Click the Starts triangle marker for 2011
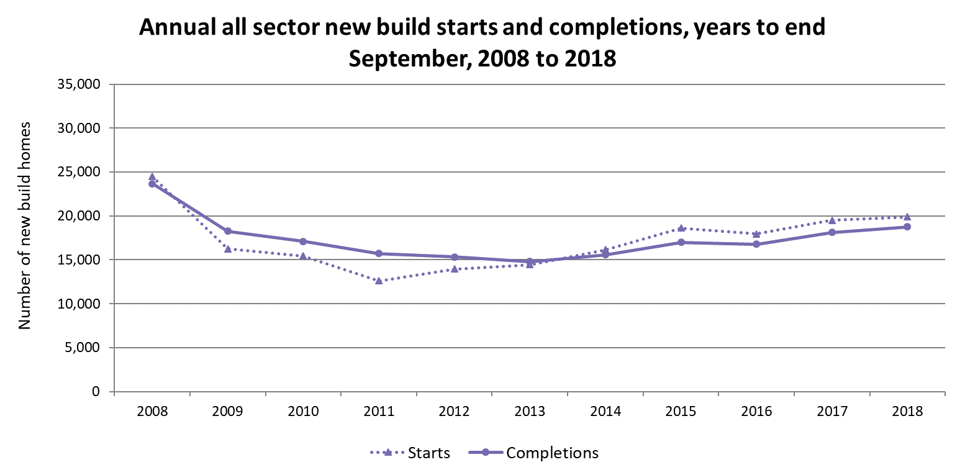tap(379, 281)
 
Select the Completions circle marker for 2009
tap(228, 231)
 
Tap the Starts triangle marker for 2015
tap(681, 228)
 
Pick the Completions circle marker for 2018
tap(907, 227)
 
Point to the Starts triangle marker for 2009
tap(228, 248)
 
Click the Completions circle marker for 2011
tap(379, 253)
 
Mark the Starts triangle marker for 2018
tap(907, 217)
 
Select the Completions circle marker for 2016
tap(756, 244)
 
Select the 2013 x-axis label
tap(530, 412)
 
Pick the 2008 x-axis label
tap(152, 412)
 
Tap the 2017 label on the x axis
tap(832, 412)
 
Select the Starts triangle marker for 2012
tap(455, 269)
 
